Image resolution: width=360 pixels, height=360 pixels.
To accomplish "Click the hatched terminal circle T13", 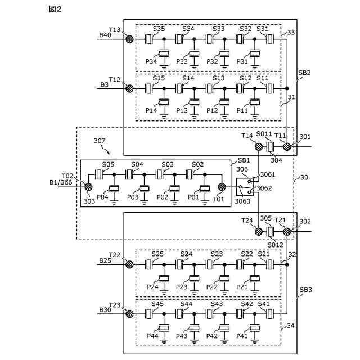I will click(129, 39).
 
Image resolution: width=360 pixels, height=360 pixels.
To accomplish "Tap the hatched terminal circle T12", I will click(129, 89).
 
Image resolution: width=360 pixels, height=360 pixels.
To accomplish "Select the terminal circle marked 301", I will click(287, 147).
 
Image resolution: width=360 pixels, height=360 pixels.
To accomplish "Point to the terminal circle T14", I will click(259, 147).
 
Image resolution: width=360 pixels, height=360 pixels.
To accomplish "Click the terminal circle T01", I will click(222, 187).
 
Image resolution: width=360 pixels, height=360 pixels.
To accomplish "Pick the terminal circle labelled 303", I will click(88, 187).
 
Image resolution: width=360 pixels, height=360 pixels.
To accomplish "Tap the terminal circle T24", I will click(259, 231).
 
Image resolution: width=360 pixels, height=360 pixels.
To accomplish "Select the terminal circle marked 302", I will click(287, 231).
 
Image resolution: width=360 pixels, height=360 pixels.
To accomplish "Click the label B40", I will click(105, 35).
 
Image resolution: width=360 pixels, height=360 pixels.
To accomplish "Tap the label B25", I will click(105, 260).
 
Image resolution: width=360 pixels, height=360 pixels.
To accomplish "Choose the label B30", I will click(105, 310).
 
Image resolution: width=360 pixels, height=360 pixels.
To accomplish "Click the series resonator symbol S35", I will click(149, 39).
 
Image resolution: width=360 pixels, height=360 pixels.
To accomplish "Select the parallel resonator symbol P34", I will click(164, 54).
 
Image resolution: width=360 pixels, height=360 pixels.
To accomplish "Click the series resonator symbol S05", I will click(100, 175).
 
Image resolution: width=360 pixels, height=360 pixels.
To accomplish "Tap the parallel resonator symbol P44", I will click(164, 328).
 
